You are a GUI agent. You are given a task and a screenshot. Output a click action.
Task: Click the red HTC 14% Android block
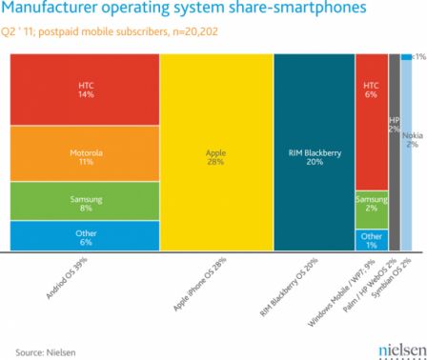pos(84,90)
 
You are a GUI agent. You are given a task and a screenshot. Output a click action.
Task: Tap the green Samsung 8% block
pos(84,201)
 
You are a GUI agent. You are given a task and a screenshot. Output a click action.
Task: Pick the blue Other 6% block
pos(84,235)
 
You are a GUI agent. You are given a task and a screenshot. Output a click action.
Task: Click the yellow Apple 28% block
pos(215,152)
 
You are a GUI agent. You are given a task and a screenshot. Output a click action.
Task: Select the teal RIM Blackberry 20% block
pos(312,152)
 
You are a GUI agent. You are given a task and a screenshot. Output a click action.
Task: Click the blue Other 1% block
pos(371,239)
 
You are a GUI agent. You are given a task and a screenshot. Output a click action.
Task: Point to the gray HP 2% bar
pos(394,152)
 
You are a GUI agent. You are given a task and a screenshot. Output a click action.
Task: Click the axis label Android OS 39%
pos(70,281)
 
